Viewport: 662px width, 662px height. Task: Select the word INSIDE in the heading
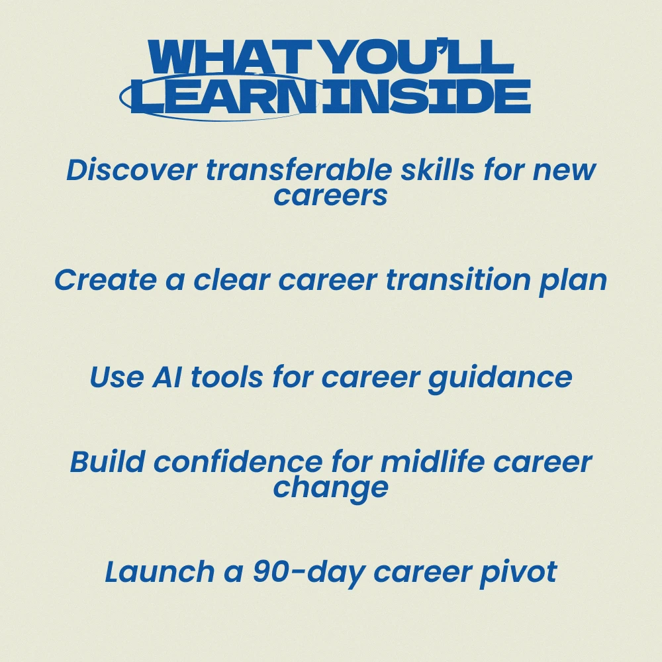pos(426,96)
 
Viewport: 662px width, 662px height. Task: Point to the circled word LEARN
pos(224,96)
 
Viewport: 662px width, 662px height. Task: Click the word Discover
pos(132,169)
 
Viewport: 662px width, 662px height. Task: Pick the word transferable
pos(299,169)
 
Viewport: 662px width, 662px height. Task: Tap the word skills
pos(438,169)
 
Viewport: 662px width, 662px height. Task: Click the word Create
pos(105,279)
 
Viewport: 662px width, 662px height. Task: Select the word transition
pos(458,279)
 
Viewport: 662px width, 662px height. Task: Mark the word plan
pos(573,282)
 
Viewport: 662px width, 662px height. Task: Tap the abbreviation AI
pos(167,377)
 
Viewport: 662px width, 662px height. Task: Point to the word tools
pos(228,377)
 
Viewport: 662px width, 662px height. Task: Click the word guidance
pos(500,379)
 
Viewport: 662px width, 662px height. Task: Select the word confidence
pos(238,461)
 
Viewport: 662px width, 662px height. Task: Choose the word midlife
pos(432,461)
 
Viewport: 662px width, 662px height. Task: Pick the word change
pos(330,490)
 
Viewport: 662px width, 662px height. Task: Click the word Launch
pos(160,572)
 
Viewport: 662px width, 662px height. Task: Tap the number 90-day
pos(309,574)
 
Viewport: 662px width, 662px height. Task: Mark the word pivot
pos(518,574)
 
